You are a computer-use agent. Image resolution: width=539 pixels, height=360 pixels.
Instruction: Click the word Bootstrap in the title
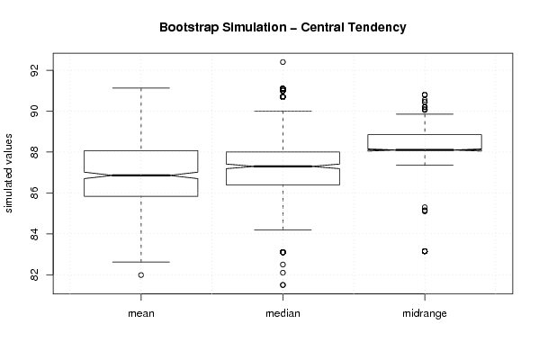coord(189,28)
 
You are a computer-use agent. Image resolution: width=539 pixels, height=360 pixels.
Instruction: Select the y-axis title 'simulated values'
coord(8,174)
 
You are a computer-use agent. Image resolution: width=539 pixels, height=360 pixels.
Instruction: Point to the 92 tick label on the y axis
coord(35,70)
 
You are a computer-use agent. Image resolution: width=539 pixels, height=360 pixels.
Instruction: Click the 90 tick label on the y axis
coord(35,111)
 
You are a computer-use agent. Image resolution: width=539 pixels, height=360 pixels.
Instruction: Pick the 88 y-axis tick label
coord(35,152)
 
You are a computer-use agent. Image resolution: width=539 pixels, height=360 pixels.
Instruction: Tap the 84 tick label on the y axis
coord(35,234)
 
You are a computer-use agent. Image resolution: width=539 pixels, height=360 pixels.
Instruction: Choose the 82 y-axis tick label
coord(35,274)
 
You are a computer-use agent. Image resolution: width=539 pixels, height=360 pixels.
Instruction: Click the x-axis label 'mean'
coord(141,313)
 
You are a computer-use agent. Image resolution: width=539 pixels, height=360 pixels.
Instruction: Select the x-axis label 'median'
coord(283,313)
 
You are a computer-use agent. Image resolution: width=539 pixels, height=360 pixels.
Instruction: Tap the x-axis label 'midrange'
coord(425,313)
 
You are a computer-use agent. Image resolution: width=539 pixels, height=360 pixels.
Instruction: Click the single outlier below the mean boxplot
coord(141,275)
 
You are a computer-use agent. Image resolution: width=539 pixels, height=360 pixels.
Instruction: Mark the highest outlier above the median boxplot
coord(283,62)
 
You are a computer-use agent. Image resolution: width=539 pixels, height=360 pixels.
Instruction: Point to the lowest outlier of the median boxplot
coord(283,284)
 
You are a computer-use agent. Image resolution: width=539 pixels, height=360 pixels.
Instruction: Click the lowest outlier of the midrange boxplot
coord(425,251)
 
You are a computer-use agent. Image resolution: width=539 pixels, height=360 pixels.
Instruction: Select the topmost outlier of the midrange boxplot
coord(425,94)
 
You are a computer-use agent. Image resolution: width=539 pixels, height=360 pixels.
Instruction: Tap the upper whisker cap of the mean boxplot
coord(141,88)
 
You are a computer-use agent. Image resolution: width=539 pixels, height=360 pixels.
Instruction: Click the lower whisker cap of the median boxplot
coord(283,229)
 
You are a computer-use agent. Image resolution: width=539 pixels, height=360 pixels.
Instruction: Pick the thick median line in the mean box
coord(141,175)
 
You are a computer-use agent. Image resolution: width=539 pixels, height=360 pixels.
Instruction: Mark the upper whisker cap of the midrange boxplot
coord(425,113)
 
